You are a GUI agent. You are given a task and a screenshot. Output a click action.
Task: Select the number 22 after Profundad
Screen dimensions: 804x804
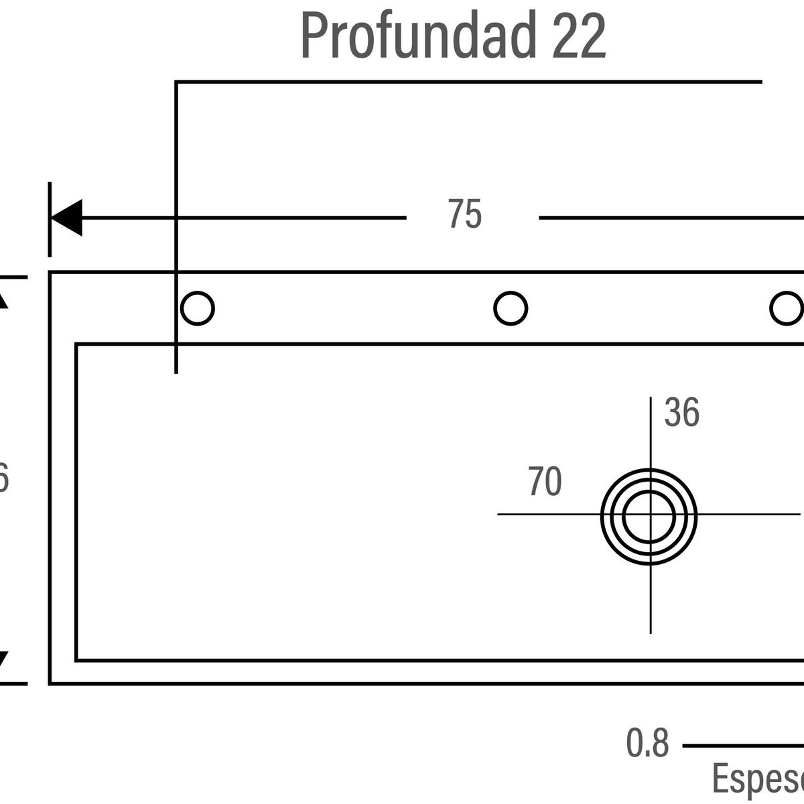(x=579, y=37)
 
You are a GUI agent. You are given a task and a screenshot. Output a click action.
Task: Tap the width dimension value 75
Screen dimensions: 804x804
(x=465, y=215)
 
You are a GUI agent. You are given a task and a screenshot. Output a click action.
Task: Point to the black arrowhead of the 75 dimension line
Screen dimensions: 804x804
(x=66, y=218)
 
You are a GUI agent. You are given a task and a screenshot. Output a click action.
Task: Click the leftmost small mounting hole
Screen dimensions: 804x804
(x=197, y=309)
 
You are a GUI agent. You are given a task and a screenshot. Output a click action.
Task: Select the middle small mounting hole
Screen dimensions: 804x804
(x=511, y=309)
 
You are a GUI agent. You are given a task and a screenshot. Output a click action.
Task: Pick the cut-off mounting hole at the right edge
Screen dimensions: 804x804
(x=788, y=309)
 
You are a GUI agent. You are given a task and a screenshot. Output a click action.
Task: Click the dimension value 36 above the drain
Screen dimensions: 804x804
(x=681, y=413)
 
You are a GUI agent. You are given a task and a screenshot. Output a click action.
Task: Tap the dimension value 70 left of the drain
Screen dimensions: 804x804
(x=544, y=482)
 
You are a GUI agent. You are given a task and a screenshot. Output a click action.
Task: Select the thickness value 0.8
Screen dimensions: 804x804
(x=647, y=744)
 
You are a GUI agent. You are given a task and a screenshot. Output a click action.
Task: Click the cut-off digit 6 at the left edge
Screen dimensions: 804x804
(x=3, y=480)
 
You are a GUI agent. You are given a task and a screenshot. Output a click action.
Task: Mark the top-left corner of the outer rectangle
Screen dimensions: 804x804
(x=50, y=273)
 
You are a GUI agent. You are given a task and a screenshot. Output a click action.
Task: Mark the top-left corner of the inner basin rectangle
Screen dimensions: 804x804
(x=76, y=344)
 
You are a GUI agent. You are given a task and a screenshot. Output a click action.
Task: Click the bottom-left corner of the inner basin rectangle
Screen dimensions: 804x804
(x=76, y=660)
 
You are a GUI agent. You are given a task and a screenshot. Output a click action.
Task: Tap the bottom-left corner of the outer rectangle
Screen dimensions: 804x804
(x=50, y=683)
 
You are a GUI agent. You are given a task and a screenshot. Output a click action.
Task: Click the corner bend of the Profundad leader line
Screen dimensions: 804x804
(x=176, y=82)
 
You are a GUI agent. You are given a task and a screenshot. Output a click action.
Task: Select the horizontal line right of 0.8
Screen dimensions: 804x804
(x=744, y=745)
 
